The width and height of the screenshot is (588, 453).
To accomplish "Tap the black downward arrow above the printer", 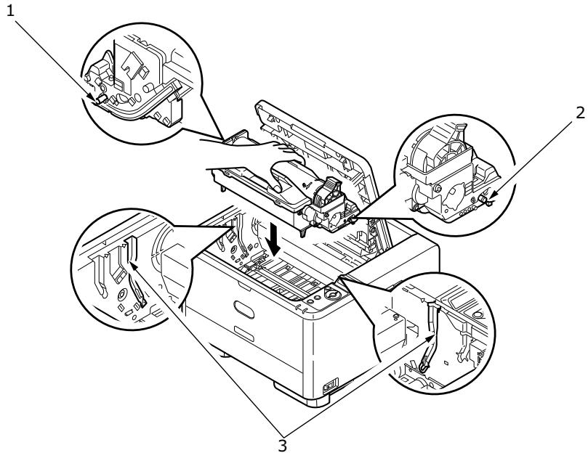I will (274, 237).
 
